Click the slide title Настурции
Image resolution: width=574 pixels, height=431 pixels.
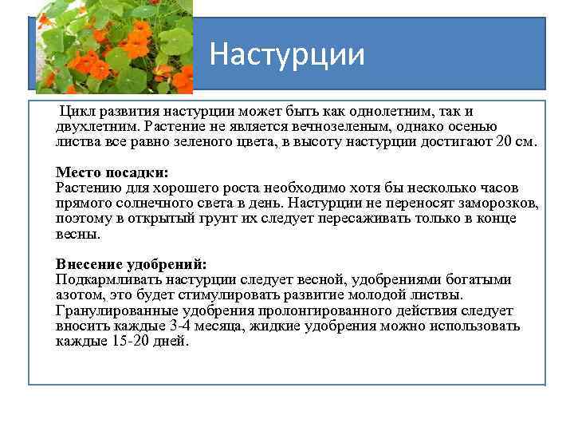pos(287,56)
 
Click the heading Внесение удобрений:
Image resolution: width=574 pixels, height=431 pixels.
pos(132,264)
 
